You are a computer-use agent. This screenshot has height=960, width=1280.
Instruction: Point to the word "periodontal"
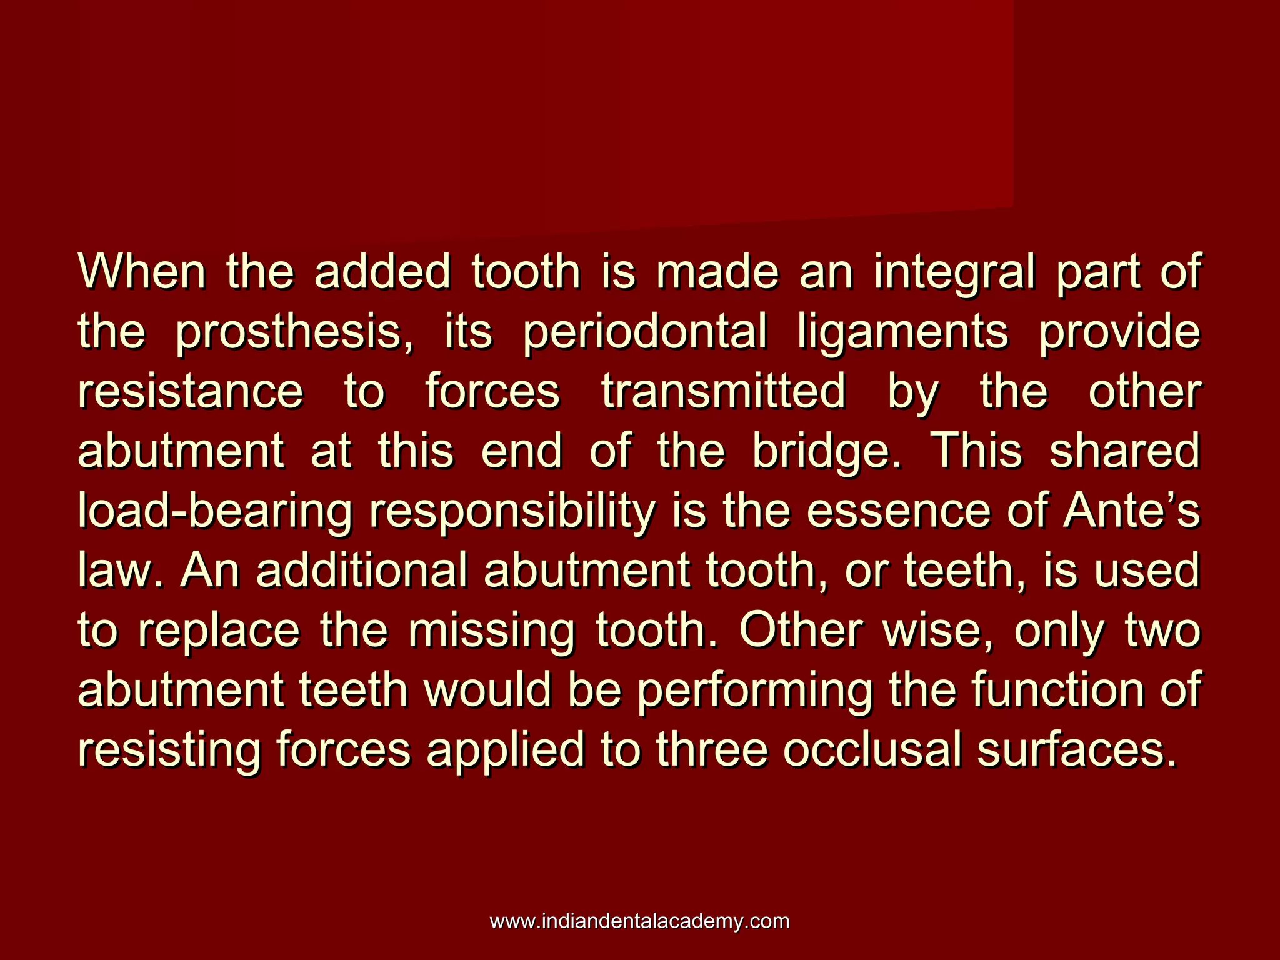[x=644, y=332]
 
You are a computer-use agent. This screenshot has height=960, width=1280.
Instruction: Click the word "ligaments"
[x=902, y=332]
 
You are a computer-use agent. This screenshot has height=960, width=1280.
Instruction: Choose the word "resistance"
[x=191, y=391]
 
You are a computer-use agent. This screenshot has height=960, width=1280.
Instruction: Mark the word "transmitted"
[x=724, y=391]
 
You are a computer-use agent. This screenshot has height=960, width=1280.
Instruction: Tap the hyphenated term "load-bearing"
[x=216, y=511]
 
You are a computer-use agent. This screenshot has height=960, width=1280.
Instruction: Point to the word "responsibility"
[x=512, y=511]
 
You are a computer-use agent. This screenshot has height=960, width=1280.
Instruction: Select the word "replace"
[x=219, y=631]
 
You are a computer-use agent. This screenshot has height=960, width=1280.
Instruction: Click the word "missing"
[x=491, y=631]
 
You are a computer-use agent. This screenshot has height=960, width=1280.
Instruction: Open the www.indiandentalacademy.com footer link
[x=639, y=921]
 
